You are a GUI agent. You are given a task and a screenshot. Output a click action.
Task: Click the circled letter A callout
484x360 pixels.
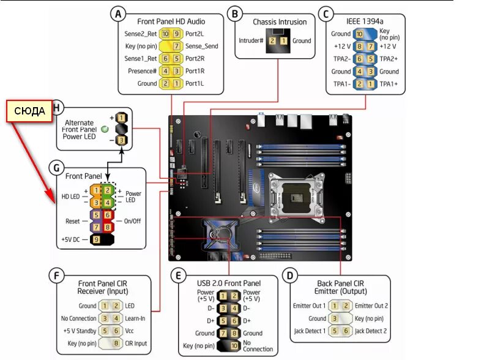point(118,13)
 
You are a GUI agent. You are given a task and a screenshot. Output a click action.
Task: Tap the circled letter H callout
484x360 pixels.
point(58,108)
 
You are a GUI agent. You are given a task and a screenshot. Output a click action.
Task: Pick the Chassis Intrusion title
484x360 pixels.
point(280,22)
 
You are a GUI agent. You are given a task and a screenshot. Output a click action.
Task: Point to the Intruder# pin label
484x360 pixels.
point(251,41)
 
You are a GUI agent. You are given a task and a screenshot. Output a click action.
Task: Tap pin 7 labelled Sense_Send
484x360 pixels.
point(176,46)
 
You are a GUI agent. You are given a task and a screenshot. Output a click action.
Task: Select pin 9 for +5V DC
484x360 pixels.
point(96,240)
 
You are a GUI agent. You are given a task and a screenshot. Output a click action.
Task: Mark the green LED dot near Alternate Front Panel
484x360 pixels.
point(105,129)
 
